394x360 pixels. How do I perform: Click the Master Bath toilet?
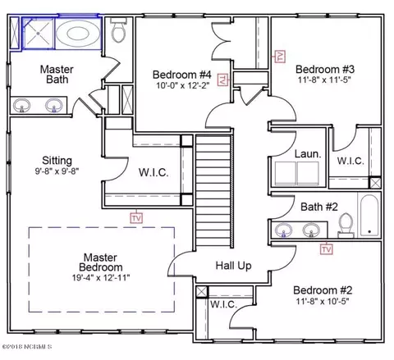(119, 30)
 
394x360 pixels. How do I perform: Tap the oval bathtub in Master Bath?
(78, 34)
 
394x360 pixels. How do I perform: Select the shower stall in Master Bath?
(38, 34)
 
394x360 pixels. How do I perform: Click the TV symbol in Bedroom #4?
(222, 80)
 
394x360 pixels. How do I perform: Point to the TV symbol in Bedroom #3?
(280, 57)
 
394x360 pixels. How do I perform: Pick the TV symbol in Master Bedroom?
(136, 218)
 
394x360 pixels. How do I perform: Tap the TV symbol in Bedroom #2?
(327, 249)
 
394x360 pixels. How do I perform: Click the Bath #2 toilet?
(346, 226)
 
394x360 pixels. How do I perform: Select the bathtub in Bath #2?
(369, 216)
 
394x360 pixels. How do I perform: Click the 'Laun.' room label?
(308, 154)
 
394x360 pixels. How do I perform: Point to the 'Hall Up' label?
(233, 266)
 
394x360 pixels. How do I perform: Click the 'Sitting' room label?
(57, 161)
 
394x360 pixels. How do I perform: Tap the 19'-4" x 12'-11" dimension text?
(101, 278)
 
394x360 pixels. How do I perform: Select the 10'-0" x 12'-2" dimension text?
(182, 85)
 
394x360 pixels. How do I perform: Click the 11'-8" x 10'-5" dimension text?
(323, 301)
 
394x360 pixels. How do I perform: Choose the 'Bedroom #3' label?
(325, 69)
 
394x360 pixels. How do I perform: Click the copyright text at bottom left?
(27, 347)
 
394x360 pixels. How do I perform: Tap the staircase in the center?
(214, 191)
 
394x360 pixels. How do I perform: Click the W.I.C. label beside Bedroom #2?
(223, 304)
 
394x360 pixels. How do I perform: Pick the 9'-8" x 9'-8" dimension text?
(57, 171)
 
